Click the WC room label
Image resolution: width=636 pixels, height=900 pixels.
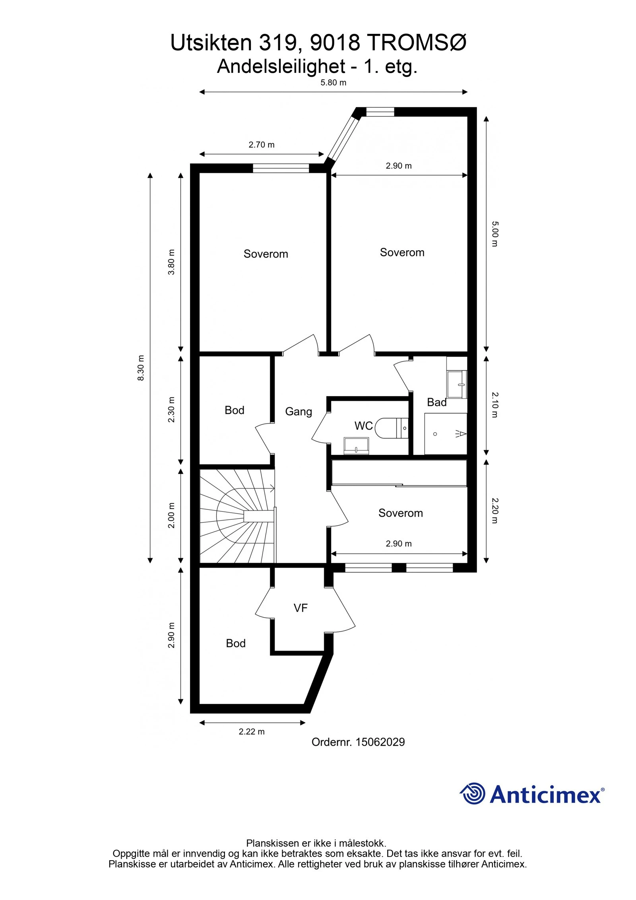tap(363, 426)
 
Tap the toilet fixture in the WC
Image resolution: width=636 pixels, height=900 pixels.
tap(392, 428)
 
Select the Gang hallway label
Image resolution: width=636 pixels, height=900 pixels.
tap(298, 412)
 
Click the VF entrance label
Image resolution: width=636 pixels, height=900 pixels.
tap(301, 608)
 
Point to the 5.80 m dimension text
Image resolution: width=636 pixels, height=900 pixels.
tap(333, 83)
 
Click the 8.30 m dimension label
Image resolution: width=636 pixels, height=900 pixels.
tap(141, 368)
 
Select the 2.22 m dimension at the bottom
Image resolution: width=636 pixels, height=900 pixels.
tap(251, 732)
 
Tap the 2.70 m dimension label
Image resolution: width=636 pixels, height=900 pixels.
tap(261, 145)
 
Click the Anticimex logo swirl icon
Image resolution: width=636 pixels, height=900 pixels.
tap(473, 793)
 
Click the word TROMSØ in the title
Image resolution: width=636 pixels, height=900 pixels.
tap(416, 43)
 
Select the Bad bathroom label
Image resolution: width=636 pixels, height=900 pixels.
tap(436, 402)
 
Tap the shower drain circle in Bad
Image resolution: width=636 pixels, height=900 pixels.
tap(435, 434)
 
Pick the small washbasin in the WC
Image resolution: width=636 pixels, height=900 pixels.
tap(356, 445)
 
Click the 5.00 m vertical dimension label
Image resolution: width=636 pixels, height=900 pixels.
tap(494, 234)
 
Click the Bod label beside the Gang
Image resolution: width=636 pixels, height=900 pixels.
tap(234, 410)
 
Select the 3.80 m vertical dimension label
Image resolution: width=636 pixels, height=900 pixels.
tap(171, 262)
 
